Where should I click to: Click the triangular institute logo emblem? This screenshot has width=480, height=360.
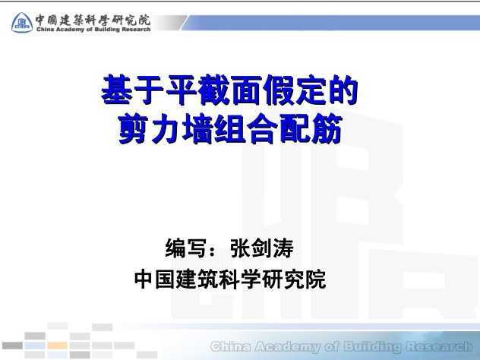click(x=22, y=23)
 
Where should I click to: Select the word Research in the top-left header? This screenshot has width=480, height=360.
click(x=136, y=30)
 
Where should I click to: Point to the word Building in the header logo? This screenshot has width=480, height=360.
click(x=107, y=30)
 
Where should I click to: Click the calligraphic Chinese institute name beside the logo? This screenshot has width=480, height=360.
click(x=93, y=21)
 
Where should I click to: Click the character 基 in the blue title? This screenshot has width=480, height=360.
click(x=117, y=90)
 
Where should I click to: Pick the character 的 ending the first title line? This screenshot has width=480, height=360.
click(x=343, y=90)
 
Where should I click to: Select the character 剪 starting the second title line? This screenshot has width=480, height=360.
click(x=133, y=128)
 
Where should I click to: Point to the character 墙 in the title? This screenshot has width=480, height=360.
click(x=197, y=128)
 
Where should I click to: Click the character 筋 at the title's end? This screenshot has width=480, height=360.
click(x=327, y=128)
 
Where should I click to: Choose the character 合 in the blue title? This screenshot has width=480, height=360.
click(x=262, y=128)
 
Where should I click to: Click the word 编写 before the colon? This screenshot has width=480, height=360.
click(x=185, y=248)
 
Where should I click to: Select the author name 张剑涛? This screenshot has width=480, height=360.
click(x=262, y=248)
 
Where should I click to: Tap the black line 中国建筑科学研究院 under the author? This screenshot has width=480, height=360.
click(x=230, y=279)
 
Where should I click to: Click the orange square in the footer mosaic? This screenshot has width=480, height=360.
click(x=57, y=346)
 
